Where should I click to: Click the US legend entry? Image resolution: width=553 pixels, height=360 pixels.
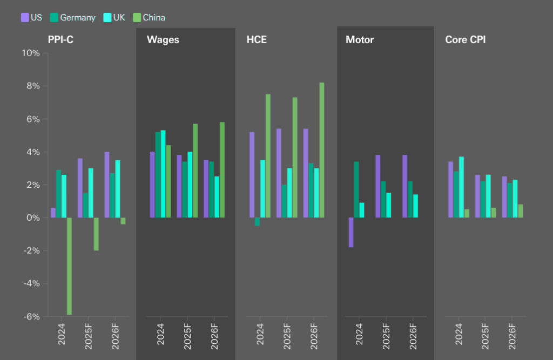[x=32, y=17]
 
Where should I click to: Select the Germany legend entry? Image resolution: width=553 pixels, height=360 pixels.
[x=72, y=17]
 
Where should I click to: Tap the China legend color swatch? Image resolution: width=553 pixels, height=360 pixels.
[x=137, y=17]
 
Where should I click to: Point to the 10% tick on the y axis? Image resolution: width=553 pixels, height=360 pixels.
[x=30, y=53]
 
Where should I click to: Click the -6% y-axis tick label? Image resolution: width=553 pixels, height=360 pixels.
[x=30, y=316]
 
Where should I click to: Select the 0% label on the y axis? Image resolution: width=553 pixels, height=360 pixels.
[x=32, y=218]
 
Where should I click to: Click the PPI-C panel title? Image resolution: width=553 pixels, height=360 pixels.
[x=60, y=40]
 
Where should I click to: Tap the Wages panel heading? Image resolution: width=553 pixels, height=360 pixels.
[x=163, y=40]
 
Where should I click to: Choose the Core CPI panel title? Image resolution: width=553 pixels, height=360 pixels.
[x=465, y=40]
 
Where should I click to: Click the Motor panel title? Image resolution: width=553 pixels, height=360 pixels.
[x=360, y=40]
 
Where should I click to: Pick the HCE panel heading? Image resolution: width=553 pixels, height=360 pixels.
[x=256, y=40]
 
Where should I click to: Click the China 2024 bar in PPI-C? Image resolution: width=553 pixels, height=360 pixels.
[x=70, y=266]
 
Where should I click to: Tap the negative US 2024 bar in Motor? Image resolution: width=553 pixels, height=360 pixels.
[x=351, y=232]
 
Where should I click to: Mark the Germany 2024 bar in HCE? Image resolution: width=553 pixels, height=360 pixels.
[x=258, y=222]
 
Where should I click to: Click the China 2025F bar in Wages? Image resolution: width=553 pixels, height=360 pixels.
[x=195, y=171]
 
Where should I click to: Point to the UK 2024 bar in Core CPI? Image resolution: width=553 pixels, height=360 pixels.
[x=461, y=187]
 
